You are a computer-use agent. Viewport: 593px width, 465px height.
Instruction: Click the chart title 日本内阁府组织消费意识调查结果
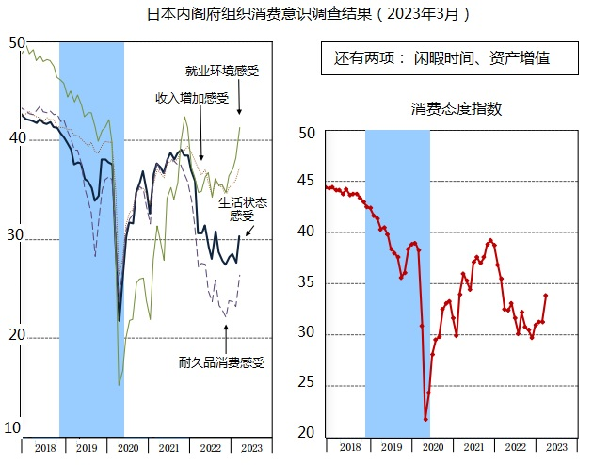click(x=307, y=14)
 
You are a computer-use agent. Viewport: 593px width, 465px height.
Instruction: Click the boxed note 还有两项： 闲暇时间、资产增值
click(x=441, y=58)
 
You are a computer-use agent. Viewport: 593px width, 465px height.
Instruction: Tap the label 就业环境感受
click(x=222, y=71)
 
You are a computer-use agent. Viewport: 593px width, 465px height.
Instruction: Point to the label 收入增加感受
click(x=192, y=98)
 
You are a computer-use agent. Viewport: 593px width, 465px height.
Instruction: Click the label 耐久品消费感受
click(x=222, y=361)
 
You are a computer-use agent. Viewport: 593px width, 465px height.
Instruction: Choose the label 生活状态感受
click(x=243, y=209)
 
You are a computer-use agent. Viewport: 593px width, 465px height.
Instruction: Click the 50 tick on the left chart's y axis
click(x=14, y=42)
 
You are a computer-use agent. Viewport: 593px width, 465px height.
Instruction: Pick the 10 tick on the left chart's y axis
click(x=13, y=429)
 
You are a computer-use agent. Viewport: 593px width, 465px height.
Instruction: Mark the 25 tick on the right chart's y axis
click(x=306, y=386)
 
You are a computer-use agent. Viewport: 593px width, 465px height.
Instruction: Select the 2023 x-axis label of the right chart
click(x=556, y=447)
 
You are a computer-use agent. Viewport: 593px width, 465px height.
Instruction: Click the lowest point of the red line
click(x=425, y=419)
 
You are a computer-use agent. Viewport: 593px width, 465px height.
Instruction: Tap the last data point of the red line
click(x=546, y=296)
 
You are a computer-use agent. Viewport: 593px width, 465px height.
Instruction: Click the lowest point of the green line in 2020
click(x=119, y=384)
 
